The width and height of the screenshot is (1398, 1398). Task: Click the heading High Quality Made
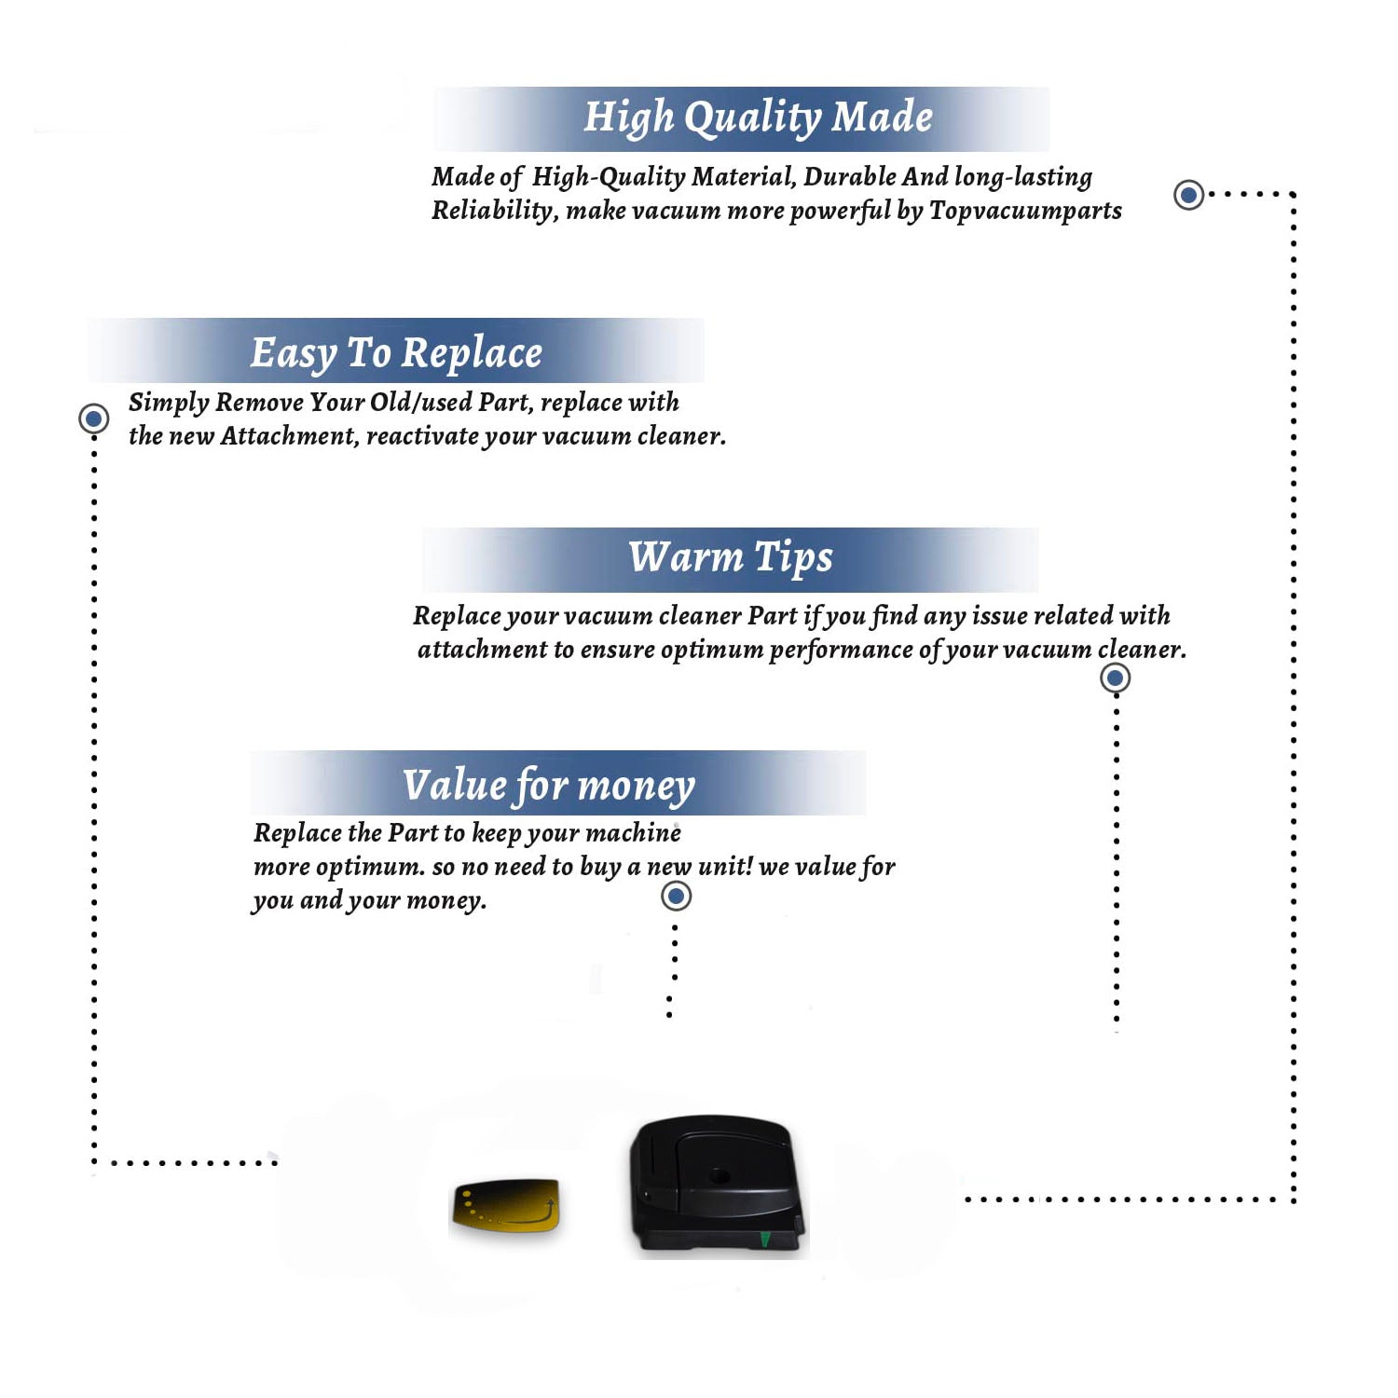click(758, 118)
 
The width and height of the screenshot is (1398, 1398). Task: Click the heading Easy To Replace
click(396, 353)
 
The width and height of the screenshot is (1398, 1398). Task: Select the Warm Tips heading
click(731, 557)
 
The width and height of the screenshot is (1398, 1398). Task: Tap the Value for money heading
click(549, 786)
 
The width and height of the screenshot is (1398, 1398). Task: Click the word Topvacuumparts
click(1025, 212)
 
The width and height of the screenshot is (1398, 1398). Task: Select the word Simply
click(169, 403)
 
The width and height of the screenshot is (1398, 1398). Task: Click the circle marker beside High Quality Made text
click(1188, 195)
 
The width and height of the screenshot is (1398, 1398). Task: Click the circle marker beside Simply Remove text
click(93, 418)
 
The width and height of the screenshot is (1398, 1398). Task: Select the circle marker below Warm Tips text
click(1115, 678)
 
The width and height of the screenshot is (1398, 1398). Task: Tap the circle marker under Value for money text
click(676, 897)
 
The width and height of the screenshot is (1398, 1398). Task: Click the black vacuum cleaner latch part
click(716, 1186)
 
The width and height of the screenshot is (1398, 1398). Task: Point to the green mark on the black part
click(765, 1239)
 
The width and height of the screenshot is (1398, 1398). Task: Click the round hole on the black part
click(719, 1176)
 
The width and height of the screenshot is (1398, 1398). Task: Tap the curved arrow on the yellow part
click(522, 1214)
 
